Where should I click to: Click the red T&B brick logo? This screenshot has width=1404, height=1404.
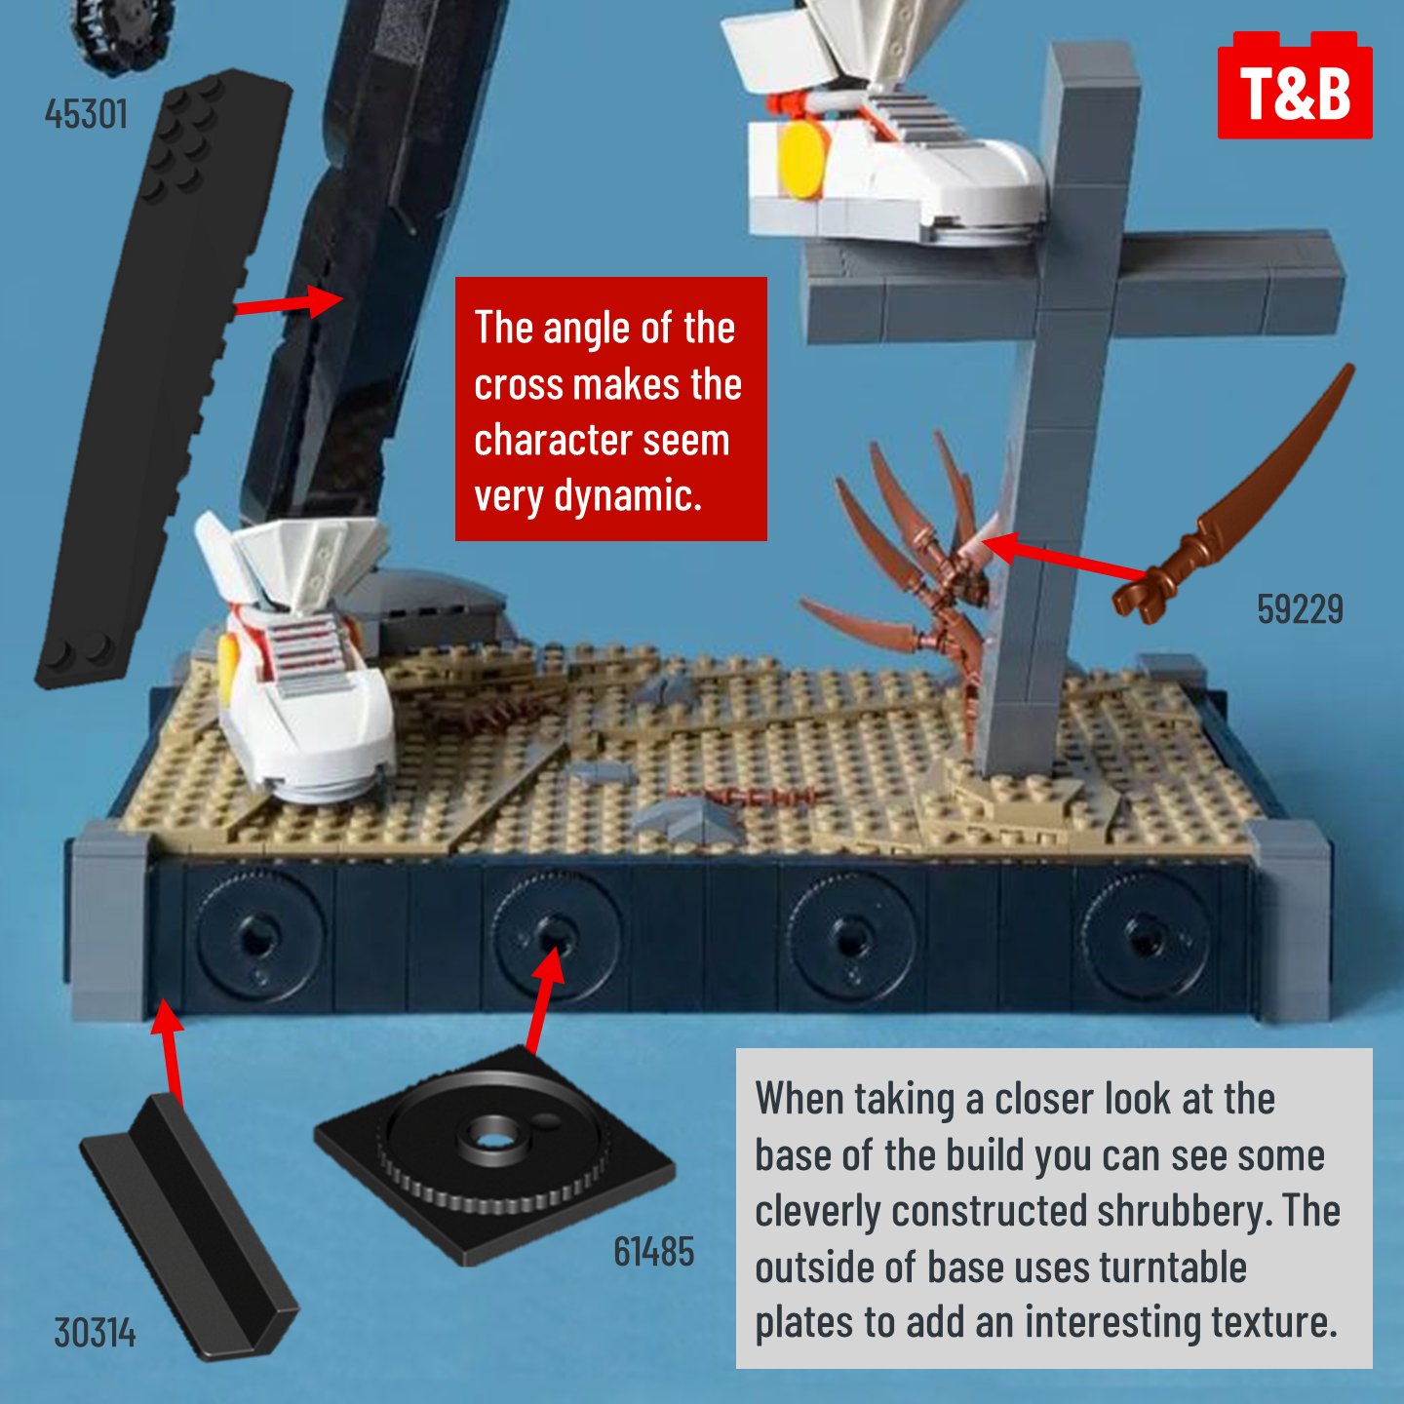click(x=1295, y=85)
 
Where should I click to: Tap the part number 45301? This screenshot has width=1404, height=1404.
click(x=86, y=114)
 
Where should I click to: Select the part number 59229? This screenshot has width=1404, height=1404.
click(x=1300, y=609)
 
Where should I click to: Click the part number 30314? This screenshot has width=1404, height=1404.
click(x=95, y=1334)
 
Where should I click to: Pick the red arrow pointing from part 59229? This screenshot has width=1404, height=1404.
click(x=1063, y=558)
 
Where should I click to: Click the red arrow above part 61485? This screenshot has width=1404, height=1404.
click(x=545, y=998)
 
